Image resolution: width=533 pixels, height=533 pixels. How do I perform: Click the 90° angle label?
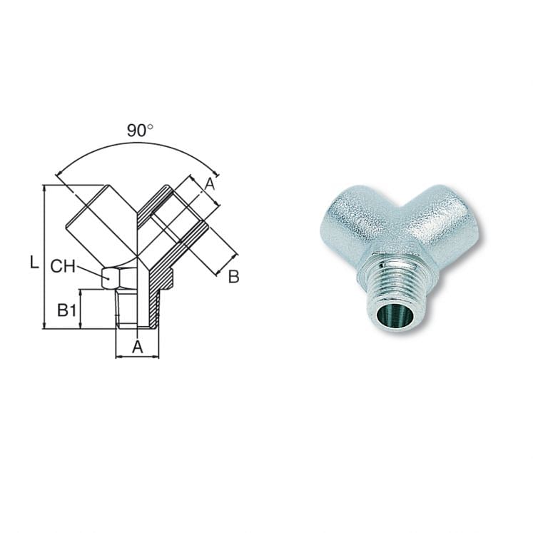[141, 131]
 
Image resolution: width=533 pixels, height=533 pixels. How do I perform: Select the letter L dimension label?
[34, 263]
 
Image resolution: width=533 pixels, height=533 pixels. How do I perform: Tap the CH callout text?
[63, 267]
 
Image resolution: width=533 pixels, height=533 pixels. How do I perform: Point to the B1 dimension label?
[67, 310]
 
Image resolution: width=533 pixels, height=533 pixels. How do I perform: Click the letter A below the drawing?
[138, 347]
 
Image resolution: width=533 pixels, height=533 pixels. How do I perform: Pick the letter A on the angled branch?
[209, 184]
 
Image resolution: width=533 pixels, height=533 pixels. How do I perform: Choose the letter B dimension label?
[233, 277]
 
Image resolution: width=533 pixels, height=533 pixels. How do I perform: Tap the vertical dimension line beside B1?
[81, 309]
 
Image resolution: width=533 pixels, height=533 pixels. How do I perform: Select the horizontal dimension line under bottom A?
[137, 357]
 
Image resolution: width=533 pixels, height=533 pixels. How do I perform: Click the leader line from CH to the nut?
[89, 271]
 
